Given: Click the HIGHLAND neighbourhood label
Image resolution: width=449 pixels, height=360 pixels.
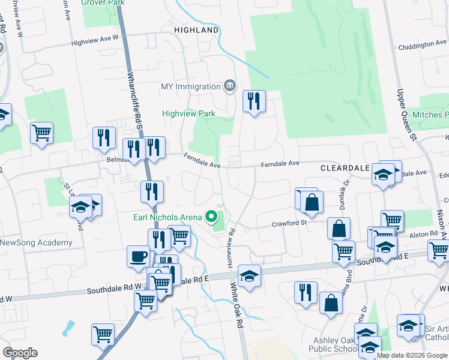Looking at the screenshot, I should (196, 30).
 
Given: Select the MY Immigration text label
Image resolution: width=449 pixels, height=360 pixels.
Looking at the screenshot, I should (191, 86).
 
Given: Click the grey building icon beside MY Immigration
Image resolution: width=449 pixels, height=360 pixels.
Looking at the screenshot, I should (229, 86).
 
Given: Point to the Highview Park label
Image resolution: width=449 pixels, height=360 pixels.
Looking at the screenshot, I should (188, 113).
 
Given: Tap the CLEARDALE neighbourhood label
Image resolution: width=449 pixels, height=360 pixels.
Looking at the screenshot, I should (344, 169).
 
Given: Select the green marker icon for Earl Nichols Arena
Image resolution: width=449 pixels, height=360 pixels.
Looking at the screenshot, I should (211, 216).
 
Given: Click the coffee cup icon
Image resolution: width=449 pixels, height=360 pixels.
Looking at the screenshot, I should (138, 256).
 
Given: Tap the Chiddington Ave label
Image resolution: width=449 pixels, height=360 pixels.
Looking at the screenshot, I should (423, 46).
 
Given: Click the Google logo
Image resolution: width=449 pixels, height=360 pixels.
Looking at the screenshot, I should (20, 353).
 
